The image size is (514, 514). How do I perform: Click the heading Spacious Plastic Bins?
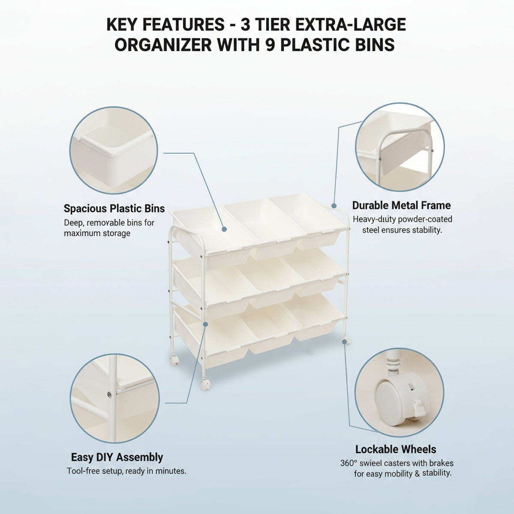(x=114, y=209)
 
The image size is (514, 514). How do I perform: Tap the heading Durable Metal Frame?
(x=401, y=206)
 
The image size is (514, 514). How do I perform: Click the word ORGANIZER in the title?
(x=163, y=45)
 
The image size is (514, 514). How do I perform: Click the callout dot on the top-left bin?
(x=224, y=229)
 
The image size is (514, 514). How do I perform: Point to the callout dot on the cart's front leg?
(x=206, y=324)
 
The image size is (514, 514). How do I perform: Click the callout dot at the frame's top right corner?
(x=334, y=206)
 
